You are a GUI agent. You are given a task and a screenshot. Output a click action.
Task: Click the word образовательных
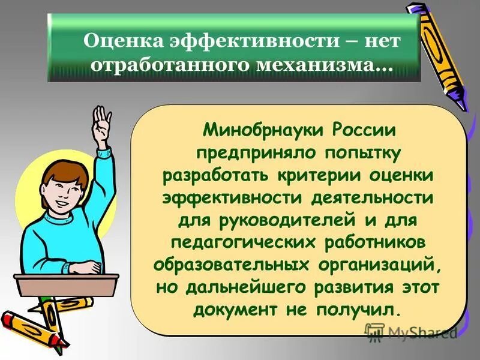[x=232, y=265]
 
